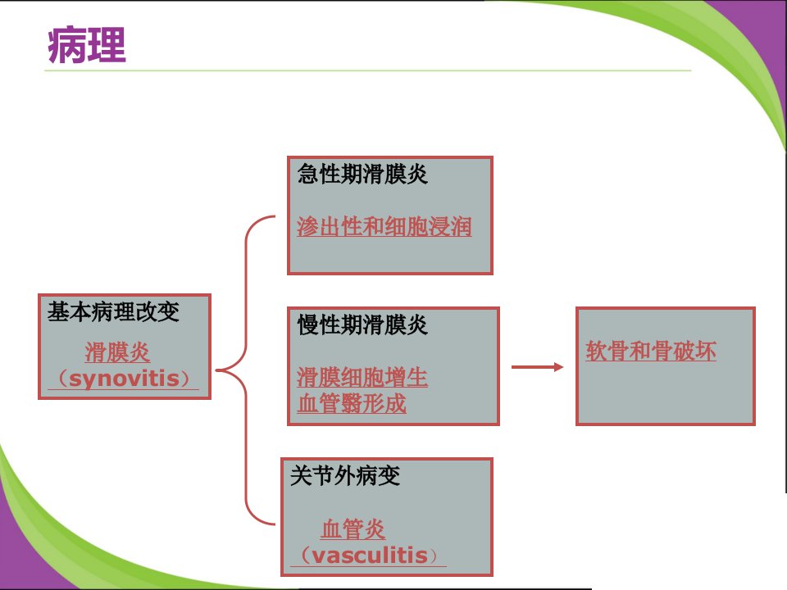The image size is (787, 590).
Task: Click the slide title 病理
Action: point(87,45)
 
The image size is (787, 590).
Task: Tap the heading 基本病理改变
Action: point(113,311)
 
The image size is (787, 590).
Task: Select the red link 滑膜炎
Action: point(117,352)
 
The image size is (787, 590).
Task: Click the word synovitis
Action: point(124,379)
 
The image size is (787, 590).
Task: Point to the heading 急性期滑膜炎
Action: point(362,174)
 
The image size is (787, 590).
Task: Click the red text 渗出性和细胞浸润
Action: point(384,226)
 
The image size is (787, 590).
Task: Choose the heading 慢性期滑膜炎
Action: point(362,324)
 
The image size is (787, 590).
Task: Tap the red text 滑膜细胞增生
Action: point(362,377)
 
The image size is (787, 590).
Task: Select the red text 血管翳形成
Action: point(352,403)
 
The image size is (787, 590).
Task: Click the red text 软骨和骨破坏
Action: point(651,351)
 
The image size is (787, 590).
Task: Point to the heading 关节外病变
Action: point(345,475)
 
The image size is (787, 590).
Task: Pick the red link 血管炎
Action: point(353,529)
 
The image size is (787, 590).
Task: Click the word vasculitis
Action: point(370,556)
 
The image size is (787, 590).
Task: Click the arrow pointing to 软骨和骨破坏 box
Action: point(537,367)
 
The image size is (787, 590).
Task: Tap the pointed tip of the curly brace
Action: point(216,370)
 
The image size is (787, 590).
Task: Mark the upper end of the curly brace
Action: point(275,216)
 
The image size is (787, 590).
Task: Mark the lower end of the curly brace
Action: point(275,524)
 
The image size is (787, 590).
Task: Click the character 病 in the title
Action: point(66,45)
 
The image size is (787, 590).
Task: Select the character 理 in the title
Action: point(107,45)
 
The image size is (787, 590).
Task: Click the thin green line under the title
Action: point(368,70)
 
